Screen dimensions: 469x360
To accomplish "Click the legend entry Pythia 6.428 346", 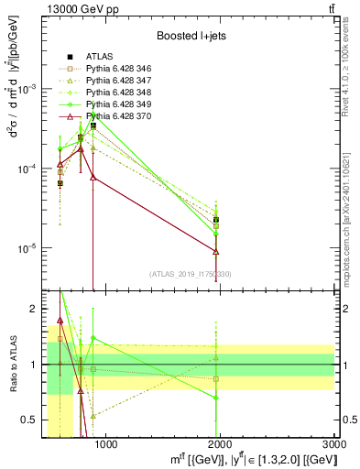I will point(115,69).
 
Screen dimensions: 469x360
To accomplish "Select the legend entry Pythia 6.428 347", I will point(115,81).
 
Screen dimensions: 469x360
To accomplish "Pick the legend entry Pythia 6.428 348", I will point(115,93).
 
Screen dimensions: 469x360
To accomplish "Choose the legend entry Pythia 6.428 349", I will point(115,104).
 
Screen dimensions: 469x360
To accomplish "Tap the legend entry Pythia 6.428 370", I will point(115,116).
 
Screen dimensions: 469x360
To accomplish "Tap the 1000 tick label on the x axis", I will point(106,445).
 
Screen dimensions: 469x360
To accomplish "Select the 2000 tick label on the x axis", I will point(221,445).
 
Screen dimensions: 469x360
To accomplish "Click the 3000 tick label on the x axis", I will point(333,445).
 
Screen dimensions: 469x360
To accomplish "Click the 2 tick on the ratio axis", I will point(32,308).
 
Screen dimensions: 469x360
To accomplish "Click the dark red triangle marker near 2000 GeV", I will point(216,251).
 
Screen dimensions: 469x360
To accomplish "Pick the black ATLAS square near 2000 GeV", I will point(216,220).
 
